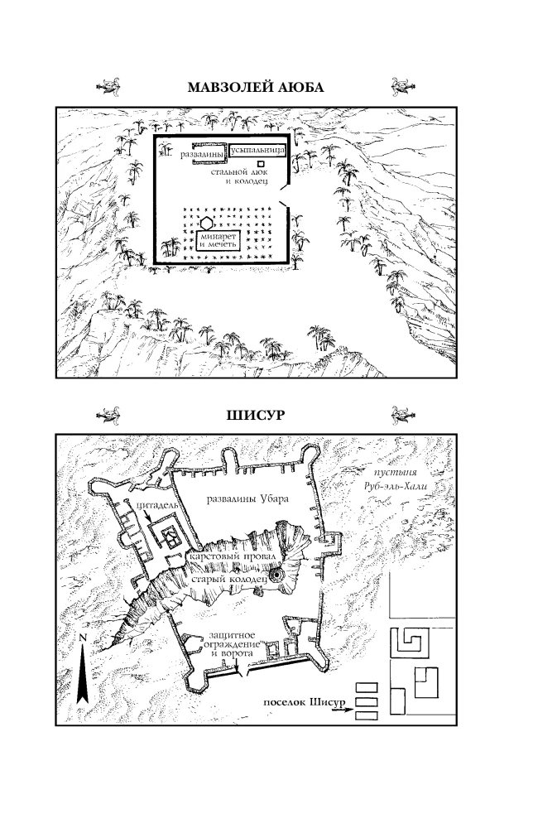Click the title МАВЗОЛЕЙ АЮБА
(256, 87)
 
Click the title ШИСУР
(256, 415)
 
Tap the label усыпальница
(258, 151)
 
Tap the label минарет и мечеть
(218, 241)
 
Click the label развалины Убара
(247, 498)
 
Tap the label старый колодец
(228, 579)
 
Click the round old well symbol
(276, 575)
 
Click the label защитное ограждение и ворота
(232, 644)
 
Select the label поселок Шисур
(304, 702)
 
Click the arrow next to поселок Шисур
(342, 710)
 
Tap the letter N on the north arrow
(82, 638)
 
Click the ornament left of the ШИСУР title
(108, 415)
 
